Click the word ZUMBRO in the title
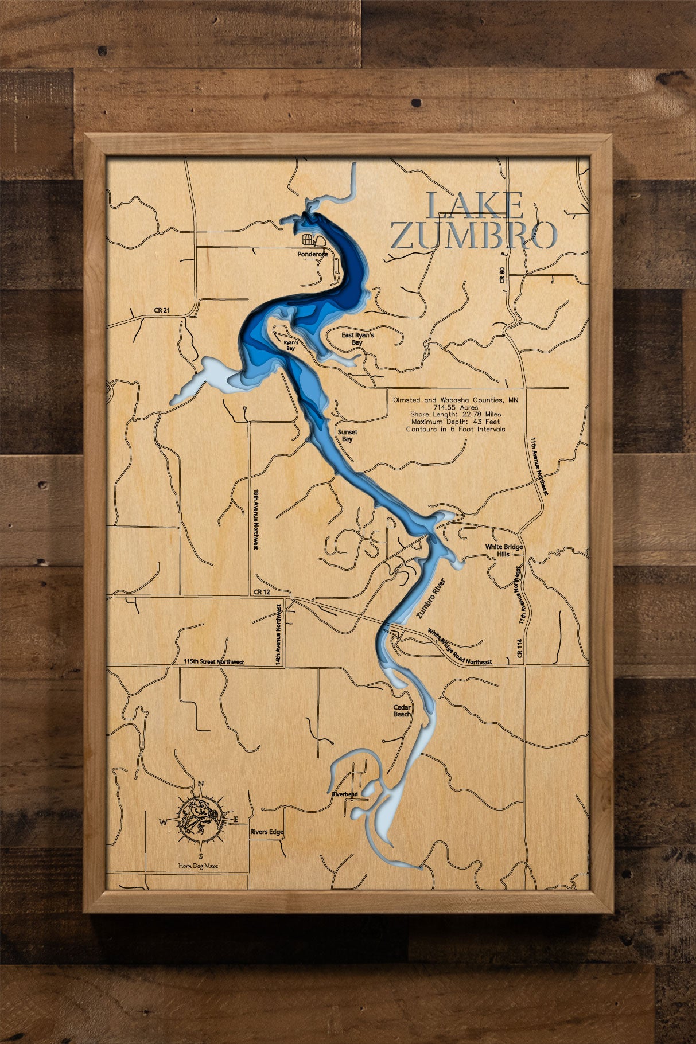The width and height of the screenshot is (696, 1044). coord(474,235)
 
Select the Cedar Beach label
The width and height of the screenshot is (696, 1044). coord(402,711)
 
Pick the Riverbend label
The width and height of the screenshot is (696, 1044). coord(344,794)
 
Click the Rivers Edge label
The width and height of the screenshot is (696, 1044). coord(266,832)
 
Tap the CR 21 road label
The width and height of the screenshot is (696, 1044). coord(163,310)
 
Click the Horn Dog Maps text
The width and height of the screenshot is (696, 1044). coord(199,866)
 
